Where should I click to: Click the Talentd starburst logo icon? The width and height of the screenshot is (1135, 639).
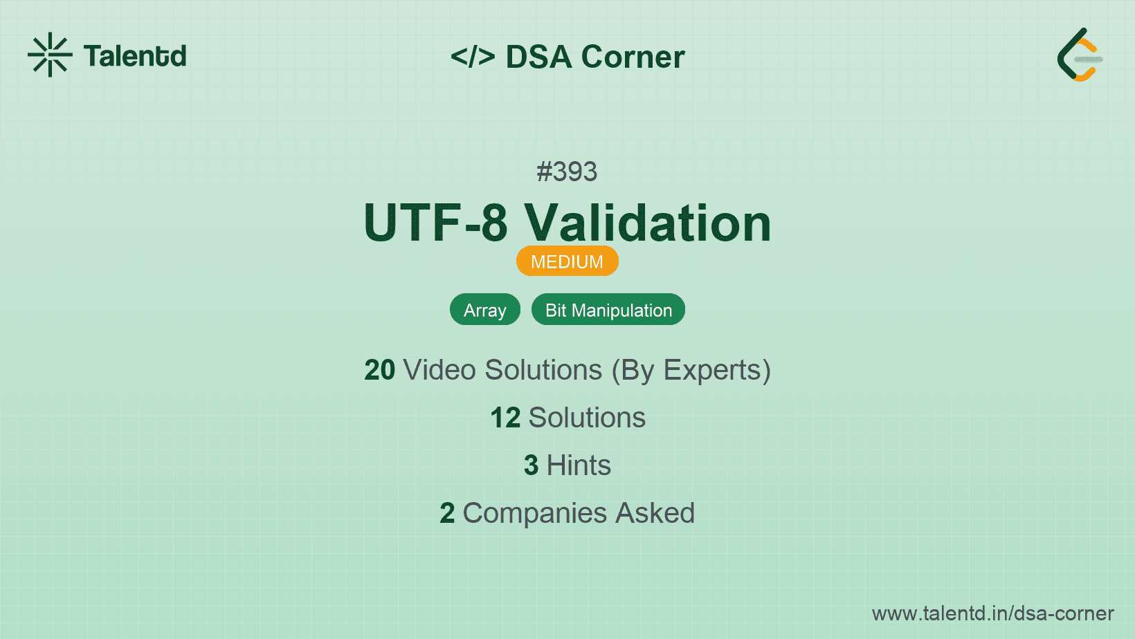[50, 55]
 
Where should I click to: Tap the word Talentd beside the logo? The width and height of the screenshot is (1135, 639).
[135, 56]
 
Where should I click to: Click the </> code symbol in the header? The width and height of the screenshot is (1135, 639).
[473, 56]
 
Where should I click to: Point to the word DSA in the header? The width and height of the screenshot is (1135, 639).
[538, 56]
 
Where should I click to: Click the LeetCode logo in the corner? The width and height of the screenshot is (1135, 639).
[1080, 55]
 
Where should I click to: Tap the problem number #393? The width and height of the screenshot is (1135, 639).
[567, 172]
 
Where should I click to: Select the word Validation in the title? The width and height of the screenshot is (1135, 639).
[648, 223]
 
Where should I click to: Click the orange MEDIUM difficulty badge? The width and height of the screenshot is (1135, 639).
[567, 261]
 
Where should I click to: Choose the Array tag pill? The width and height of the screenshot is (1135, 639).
[485, 309]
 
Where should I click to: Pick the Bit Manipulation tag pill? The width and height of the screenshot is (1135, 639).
[608, 309]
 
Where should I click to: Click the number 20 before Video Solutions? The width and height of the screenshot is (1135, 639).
[379, 369]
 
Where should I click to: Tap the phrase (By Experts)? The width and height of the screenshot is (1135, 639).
[691, 370]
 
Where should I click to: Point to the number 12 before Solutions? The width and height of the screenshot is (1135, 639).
[505, 418]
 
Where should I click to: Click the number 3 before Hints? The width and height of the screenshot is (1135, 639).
[531, 465]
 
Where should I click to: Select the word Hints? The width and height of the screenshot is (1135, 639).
[579, 465]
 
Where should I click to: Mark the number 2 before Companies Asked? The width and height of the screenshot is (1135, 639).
[447, 513]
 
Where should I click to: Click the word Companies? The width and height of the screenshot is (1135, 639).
[535, 514]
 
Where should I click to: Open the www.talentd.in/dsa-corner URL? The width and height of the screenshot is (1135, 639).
[992, 613]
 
